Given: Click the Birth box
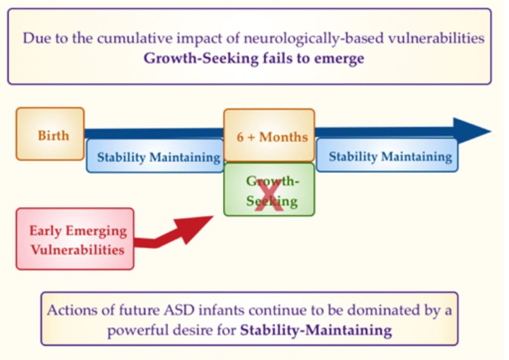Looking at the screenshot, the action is pos(50,134).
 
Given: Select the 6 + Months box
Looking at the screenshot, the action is pos(269,135).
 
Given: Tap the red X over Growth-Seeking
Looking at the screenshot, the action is pos(269,195).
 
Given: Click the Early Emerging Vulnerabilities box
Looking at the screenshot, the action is pos(75,239).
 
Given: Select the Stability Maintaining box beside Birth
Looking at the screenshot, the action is pos(155,156).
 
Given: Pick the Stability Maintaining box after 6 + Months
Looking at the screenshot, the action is pos(387,155).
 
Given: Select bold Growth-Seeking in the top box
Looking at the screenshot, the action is pos(201,59).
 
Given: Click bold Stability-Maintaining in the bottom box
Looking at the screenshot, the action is pos(316,330).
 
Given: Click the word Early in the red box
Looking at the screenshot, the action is pos(45,231).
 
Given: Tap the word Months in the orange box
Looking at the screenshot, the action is pos(283,137).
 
